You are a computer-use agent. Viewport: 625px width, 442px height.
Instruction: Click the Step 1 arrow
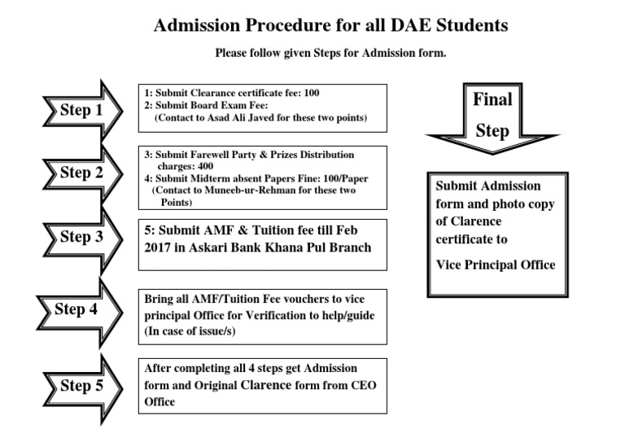point(81,110)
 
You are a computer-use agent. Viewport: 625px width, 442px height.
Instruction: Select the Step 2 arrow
point(81,173)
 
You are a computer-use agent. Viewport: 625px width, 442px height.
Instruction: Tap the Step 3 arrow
point(81,237)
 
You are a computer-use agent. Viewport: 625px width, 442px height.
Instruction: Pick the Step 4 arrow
point(77,309)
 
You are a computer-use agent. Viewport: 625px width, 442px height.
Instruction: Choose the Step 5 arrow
point(81,385)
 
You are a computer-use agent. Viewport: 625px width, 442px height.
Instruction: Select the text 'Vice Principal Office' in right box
point(496,265)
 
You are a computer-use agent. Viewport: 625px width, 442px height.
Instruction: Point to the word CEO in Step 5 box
point(341,386)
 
